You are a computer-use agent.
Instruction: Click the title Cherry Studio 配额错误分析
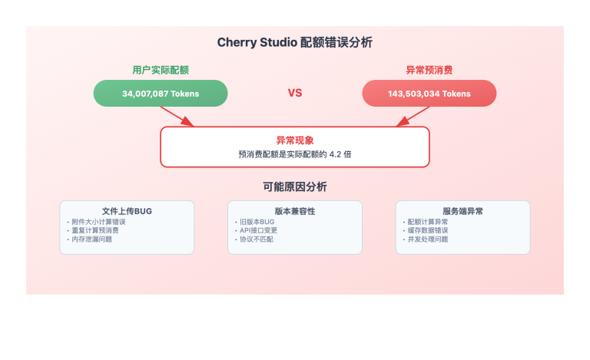295,42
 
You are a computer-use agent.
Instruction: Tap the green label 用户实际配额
160,70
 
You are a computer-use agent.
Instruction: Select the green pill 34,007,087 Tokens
161,94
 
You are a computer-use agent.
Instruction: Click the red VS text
295,93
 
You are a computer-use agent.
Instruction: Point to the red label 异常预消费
429,70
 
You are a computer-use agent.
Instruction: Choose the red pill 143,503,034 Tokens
429,94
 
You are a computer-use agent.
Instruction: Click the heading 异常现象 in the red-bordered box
295,140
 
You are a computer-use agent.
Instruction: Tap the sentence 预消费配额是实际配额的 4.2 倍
295,154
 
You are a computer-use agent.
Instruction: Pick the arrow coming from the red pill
413,116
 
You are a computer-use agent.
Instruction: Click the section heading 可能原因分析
295,187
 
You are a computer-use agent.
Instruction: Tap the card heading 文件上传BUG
127,211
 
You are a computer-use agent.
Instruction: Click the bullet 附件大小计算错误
98,222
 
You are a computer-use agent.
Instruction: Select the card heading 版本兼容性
295,211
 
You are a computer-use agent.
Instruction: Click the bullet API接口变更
260,230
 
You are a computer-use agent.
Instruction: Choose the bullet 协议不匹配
256,239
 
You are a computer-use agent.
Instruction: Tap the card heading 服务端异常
462,211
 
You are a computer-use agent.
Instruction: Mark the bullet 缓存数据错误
427,230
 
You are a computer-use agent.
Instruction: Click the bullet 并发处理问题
427,239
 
